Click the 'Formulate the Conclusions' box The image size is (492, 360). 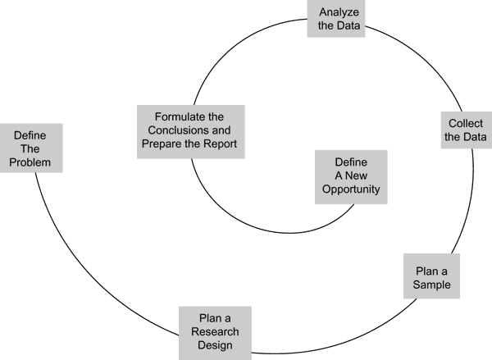(190, 130)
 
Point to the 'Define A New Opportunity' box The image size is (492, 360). (349, 175)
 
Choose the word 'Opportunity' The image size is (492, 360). (349, 189)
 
